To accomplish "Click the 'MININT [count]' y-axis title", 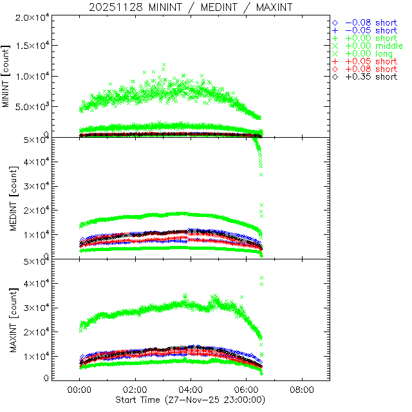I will pyautogui.click(x=7, y=75).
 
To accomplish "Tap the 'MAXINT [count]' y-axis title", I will pyautogui.click(x=7, y=320).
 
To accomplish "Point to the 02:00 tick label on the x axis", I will pyautogui.click(x=135, y=390).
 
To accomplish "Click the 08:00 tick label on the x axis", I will pyautogui.click(x=302, y=390).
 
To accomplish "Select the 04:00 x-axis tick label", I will pyautogui.click(x=191, y=390).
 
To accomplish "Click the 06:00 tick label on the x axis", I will pyautogui.click(x=247, y=390).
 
